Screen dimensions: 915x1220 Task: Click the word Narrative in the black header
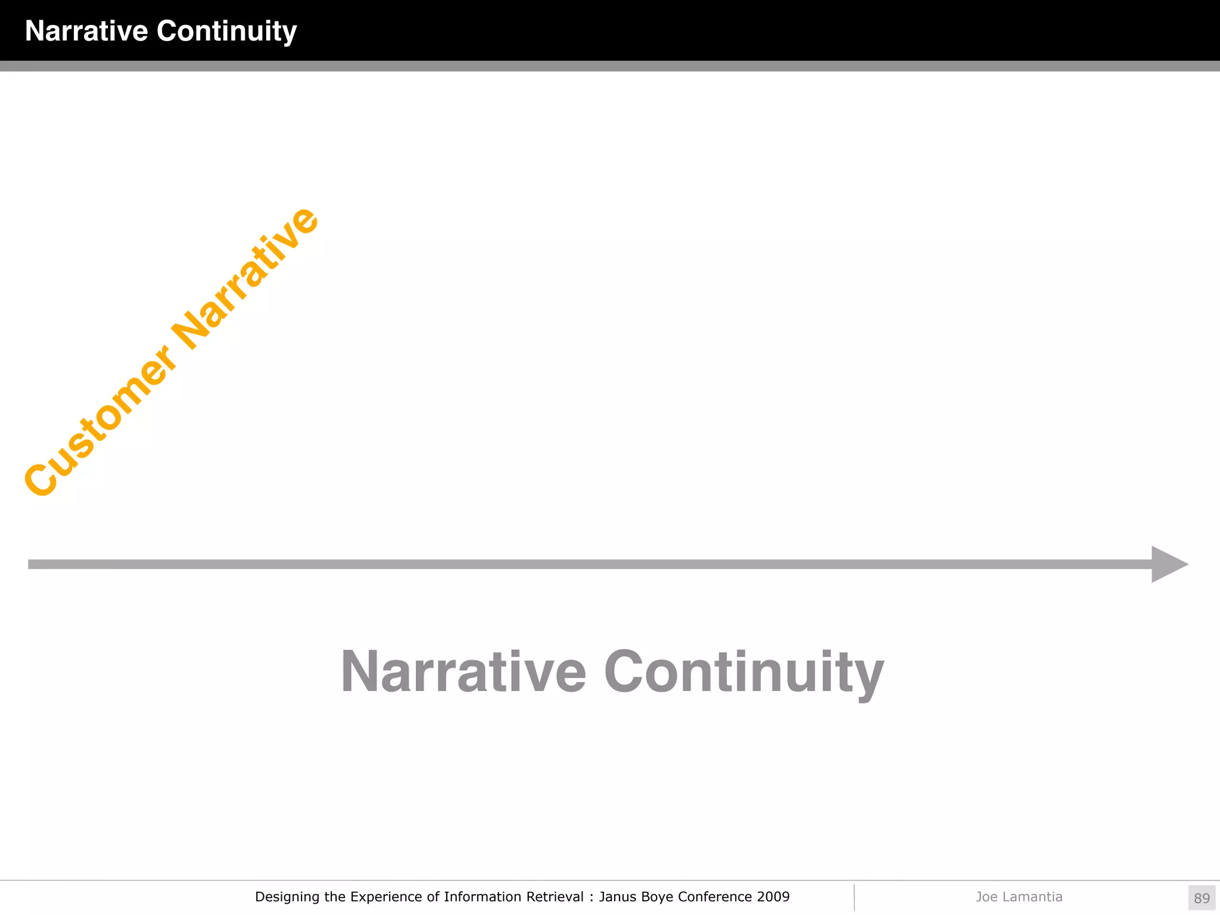click(86, 31)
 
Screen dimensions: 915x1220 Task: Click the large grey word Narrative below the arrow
click(463, 672)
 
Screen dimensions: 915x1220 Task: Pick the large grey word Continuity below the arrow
click(743, 673)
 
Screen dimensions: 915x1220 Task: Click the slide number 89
click(1202, 898)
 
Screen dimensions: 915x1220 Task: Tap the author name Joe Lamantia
click(1019, 897)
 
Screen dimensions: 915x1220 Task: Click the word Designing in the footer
click(286, 897)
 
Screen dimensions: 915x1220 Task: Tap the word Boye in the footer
click(657, 897)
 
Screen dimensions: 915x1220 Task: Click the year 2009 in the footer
click(773, 897)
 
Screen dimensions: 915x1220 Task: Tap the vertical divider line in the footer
click(854, 897)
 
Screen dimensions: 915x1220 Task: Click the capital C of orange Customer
click(41, 478)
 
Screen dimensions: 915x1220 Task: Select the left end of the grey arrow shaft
click(31, 564)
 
